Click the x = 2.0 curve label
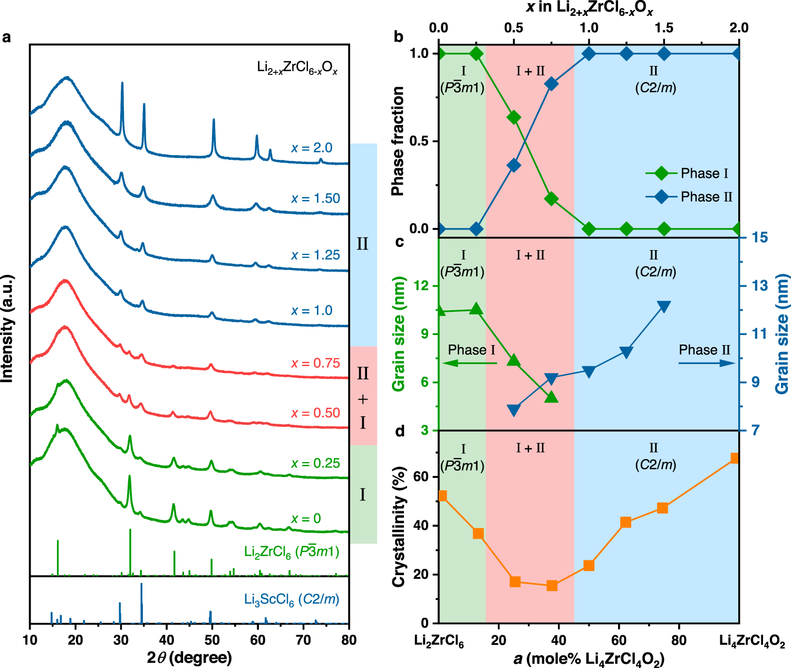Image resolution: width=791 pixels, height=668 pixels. point(312,148)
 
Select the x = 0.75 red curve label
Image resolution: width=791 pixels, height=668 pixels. point(315,363)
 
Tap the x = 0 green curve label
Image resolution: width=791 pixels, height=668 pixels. point(306,519)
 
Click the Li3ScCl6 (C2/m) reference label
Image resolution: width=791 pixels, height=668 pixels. point(292,599)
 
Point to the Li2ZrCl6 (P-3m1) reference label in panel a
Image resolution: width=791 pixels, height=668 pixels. point(292,552)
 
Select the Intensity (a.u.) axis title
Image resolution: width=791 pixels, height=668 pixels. point(7,335)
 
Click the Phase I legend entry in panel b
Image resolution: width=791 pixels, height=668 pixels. point(689,173)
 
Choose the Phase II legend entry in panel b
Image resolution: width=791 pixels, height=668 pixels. point(689,197)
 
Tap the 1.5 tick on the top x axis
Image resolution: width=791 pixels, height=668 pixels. point(664,28)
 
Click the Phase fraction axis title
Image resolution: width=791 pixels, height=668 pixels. point(398,141)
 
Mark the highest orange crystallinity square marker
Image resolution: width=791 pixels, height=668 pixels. point(734,458)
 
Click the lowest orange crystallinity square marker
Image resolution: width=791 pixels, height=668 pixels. point(552,585)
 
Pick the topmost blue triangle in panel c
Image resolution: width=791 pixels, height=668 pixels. point(664,307)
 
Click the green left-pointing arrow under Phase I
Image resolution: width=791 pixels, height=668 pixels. point(469,363)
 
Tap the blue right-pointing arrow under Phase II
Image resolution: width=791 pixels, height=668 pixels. point(707,363)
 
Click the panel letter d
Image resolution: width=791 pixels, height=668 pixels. point(400,432)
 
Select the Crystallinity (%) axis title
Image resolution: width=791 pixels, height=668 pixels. point(399,527)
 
